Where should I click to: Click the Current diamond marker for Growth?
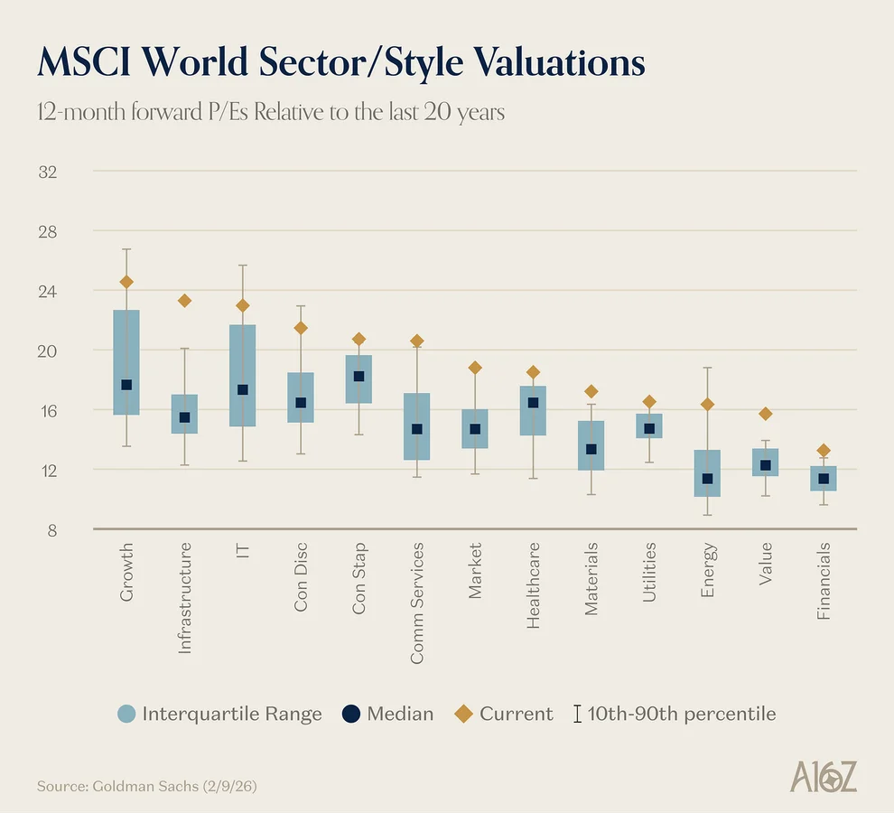(126, 282)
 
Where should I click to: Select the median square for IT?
(243, 390)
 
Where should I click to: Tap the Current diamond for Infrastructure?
(184, 301)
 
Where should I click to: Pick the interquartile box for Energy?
(707, 473)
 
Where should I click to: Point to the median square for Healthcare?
(533, 403)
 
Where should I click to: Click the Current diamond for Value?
(766, 414)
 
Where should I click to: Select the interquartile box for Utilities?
(649, 425)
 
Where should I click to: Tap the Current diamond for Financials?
(824, 451)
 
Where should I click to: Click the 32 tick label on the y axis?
(47, 172)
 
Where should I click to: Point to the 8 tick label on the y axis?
(51, 529)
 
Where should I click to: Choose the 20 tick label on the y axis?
(47, 350)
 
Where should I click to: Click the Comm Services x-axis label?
(417, 603)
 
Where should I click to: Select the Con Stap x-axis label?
(359, 579)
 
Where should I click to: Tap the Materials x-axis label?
(591, 579)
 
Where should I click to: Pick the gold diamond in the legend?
(464, 714)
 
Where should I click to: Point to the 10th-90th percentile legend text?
(681, 714)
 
